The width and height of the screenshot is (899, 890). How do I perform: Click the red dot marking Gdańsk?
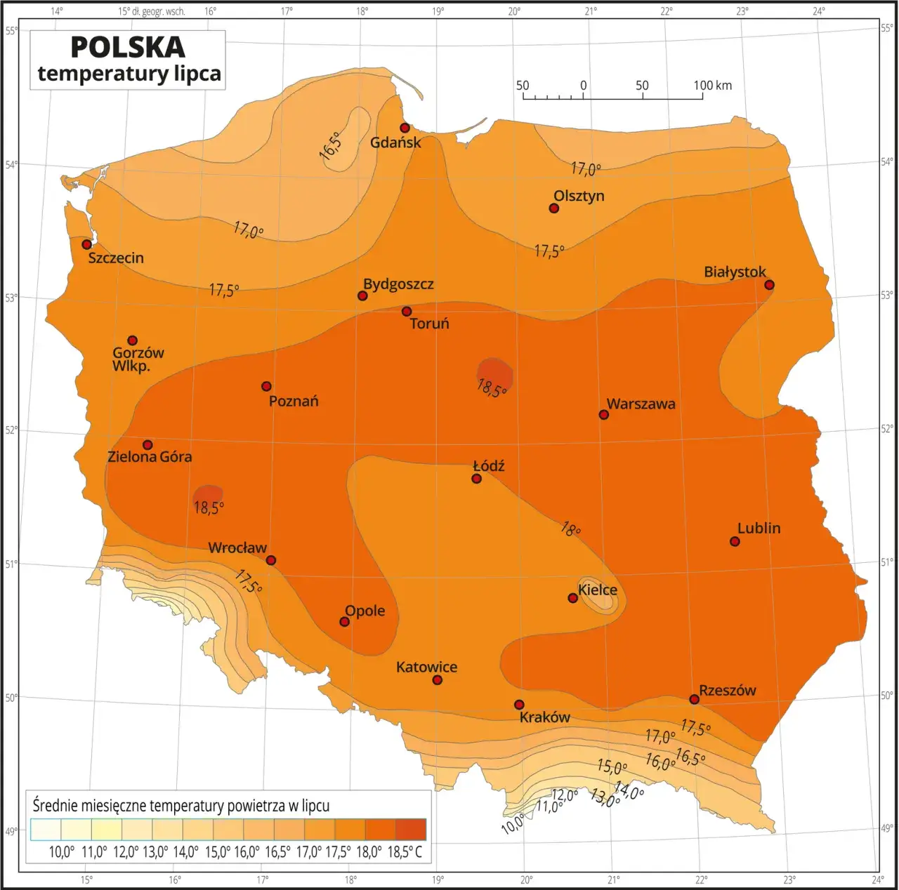point(405,128)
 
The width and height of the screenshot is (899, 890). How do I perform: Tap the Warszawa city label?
point(641,404)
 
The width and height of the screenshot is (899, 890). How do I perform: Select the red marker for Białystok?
point(769,285)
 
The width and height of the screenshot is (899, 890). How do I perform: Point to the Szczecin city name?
point(116,258)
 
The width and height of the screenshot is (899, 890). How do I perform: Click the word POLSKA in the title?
point(128,47)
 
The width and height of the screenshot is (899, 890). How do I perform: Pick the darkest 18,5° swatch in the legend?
point(411,829)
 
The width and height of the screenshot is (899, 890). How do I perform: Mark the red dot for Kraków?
point(519,705)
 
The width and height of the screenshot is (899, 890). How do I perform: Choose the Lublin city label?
point(759,528)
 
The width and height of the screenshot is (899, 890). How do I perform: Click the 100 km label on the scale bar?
point(712,86)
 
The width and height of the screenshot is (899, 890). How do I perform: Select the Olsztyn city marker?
point(553,208)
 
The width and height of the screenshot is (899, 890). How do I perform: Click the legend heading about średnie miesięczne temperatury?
point(181,805)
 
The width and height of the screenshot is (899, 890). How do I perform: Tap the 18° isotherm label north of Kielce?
point(570,529)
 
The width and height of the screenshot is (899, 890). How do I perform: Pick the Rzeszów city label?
point(728,690)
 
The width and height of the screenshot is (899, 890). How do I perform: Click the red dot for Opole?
point(344,622)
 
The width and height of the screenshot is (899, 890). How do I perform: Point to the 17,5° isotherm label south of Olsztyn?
point(549,251)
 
